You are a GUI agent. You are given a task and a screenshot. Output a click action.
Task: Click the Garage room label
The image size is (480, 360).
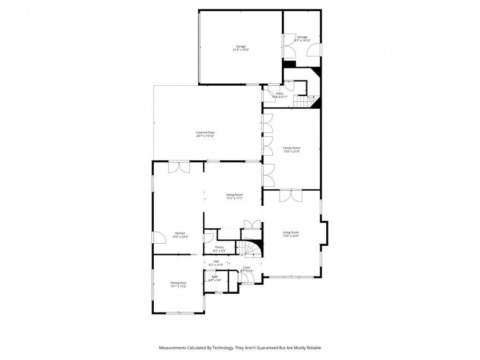(240, 46)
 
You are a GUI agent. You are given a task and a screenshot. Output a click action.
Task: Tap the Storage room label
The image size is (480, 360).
(302, 37)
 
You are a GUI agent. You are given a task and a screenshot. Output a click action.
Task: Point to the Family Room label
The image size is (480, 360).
(292, 148)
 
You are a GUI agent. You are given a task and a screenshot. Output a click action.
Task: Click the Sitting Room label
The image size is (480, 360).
(234, 195)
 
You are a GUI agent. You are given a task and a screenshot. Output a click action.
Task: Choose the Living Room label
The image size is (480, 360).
(291, 232)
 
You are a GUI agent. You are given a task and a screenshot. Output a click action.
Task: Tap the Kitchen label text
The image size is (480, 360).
(180, 233)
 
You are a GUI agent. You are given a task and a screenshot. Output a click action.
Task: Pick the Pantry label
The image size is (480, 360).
(219, 247)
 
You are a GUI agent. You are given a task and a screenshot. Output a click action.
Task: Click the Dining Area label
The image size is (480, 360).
(178, 283)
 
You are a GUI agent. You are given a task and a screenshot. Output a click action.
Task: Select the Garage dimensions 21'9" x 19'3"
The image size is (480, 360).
(240, 50)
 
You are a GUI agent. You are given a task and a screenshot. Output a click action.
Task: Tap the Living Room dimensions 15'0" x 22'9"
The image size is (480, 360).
(291, 236)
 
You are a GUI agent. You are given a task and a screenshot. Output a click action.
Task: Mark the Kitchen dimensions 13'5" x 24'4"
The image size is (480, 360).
(180, 237)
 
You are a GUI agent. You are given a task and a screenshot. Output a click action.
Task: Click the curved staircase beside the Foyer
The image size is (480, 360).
(253, 248)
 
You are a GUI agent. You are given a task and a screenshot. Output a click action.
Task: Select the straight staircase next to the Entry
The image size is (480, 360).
(302, 101)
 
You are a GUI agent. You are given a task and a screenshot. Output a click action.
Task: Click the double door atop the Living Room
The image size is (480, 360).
(291, 195)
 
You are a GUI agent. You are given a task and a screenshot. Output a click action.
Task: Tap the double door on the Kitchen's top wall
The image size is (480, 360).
(179, 167)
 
